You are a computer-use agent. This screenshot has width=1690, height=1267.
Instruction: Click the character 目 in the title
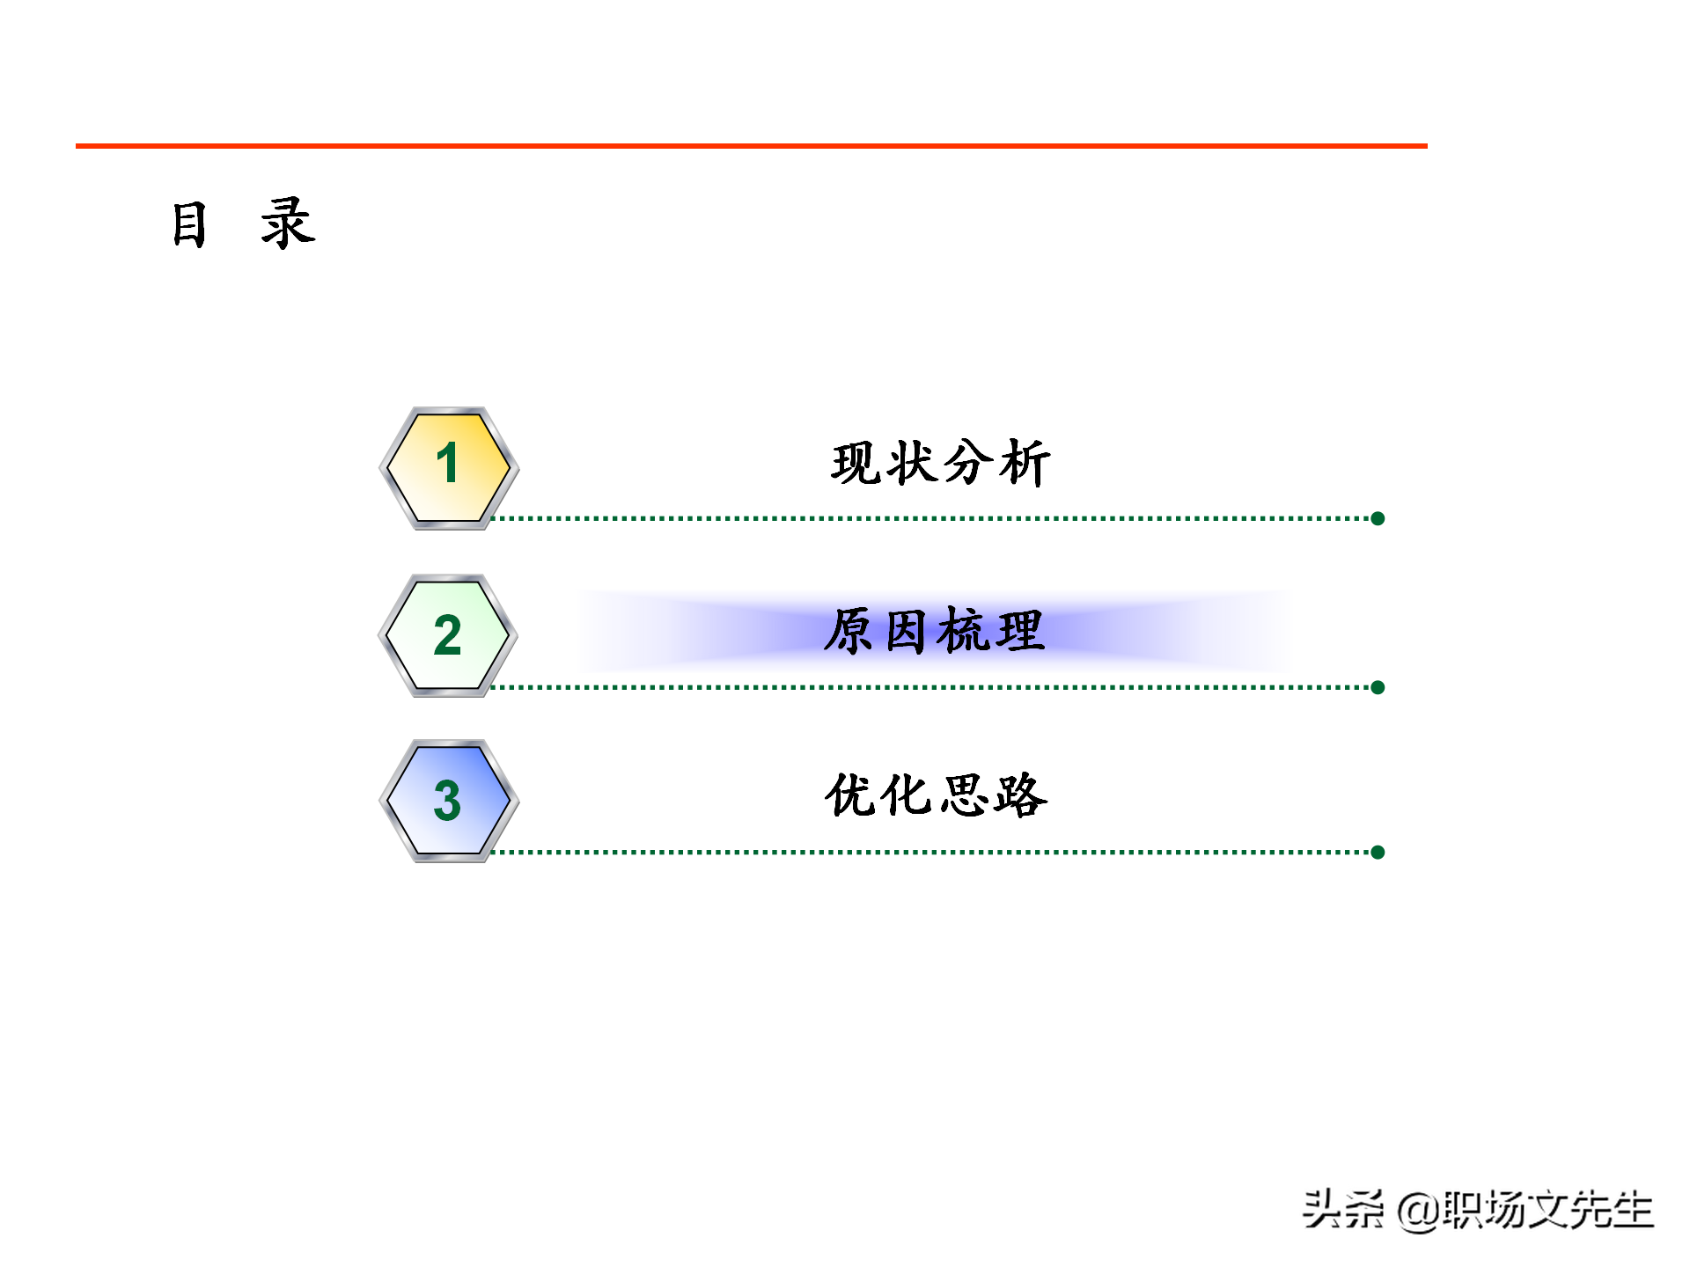(x=189, y=224)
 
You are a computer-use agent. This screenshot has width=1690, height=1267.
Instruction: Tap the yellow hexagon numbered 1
(x=448, y=467)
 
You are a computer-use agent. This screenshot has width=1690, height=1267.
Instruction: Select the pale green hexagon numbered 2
(x=448, y=635)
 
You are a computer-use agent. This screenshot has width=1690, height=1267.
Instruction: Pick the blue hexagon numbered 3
(x=448, y=801)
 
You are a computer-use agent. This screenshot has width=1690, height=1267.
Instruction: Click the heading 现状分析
(x=940, y=463)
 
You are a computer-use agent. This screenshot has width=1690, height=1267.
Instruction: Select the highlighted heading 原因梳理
(x=935, y=631)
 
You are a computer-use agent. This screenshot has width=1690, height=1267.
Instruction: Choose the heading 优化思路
(x=936, y=795)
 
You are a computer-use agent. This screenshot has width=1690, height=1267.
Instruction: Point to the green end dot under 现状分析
(x=1378, y=518)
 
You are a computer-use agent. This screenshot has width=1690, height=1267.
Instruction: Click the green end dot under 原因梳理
(x=1378, y=687)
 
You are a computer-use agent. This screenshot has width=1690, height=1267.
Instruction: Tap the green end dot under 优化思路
(x=1378, y=852)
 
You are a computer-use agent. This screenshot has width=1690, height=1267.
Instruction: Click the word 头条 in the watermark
(x=1342, y=1210)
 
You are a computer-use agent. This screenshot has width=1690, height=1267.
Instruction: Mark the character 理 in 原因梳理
(x=1018, y=632)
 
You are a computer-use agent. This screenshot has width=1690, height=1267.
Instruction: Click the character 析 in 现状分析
(x=1024, y=463)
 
